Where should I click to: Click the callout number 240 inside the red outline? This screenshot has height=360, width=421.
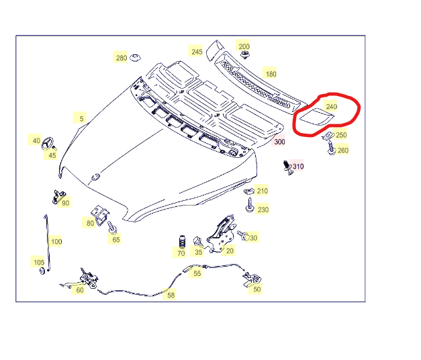point(331,107)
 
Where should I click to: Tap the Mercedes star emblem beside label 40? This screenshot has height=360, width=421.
point(48,143)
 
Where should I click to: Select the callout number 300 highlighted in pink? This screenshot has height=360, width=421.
point(279,142)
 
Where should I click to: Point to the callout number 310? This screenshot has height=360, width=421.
point(298,167)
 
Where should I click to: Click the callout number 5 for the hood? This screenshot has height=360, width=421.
point(81,118)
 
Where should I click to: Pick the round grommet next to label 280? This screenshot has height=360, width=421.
point(135,58)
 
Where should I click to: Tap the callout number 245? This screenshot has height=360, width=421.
point(197,52)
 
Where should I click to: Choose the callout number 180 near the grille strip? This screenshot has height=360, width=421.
point(271,74)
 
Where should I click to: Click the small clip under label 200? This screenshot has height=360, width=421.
point(244,55)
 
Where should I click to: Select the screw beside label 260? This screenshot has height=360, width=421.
point(331,148)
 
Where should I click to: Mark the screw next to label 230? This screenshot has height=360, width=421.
point(249,205)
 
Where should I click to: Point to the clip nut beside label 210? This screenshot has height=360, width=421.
point(249,191)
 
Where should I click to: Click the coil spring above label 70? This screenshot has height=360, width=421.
point(183,242)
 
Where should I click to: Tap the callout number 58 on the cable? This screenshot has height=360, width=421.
point(171,296)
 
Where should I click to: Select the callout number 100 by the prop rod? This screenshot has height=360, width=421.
point(56,242)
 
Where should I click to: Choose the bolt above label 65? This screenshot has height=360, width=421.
point(111,227)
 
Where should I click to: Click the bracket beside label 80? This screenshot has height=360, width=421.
point(100,216)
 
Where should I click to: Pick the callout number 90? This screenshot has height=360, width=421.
point(66,203)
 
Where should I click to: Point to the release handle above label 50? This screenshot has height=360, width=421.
point(252,279)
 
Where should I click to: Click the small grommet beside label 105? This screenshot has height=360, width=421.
point(42,271)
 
